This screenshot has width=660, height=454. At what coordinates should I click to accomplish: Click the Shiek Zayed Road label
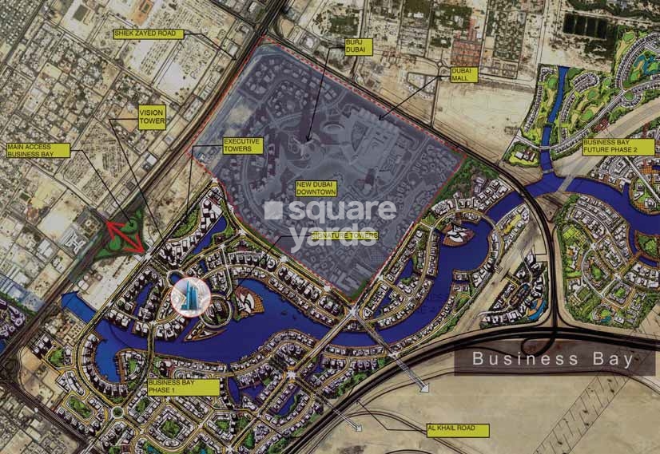149,34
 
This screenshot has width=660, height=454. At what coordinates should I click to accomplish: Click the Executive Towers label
243,144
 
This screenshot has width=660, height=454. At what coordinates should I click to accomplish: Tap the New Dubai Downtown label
316,188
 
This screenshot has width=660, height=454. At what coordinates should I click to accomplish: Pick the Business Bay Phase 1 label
184,387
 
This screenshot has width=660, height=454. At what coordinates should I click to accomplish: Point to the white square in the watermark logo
273,210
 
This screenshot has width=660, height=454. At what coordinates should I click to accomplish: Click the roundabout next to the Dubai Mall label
439,67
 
